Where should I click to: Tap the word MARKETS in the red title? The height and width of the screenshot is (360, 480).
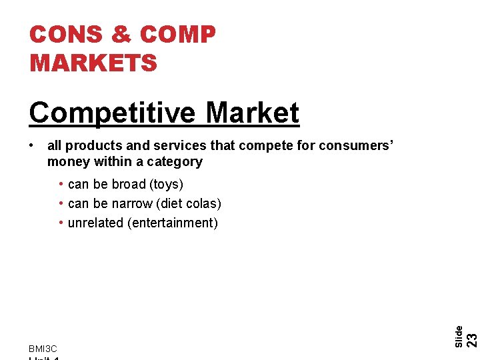(x=93, y=63)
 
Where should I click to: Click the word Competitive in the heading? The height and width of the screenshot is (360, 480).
(x=113, y=113)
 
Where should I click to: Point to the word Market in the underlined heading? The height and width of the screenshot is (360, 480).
(x=253, y=113)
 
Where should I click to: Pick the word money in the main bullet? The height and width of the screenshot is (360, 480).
(x=68, y=161)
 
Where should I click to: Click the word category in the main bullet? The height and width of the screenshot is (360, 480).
(x=176, y=161)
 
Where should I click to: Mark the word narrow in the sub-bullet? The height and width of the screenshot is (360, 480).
(x=133, y=203)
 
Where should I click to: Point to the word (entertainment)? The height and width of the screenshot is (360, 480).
(x=172, y=223)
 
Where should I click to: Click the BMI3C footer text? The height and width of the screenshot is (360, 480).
(x=43, y=349)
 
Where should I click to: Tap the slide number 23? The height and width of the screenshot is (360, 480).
(x=471, y=339)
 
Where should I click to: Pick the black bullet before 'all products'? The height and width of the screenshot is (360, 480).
(x=33, y=145)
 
